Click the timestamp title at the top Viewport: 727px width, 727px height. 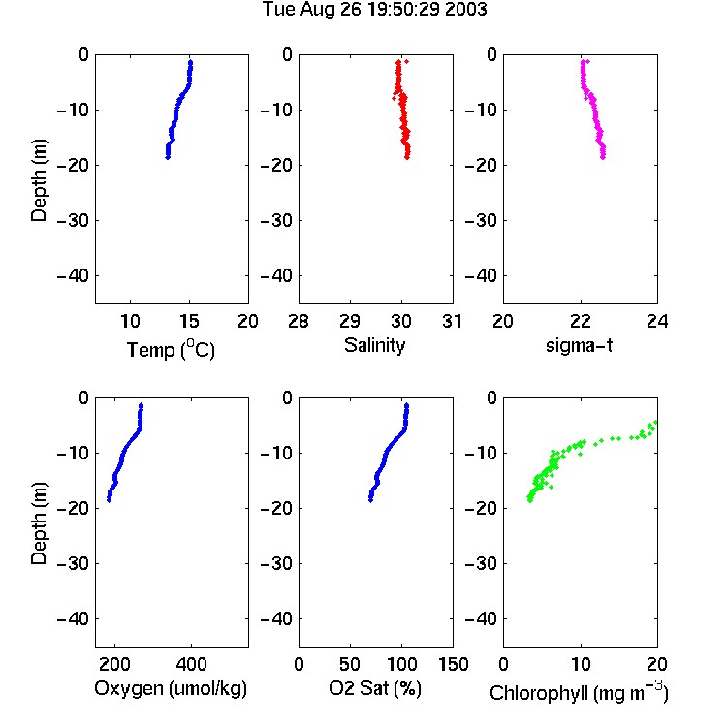click(374, 10)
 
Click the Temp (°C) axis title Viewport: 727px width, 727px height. click(171, 349)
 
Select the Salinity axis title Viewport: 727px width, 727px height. click(374, 345)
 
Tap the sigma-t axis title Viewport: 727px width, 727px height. click(579, 345)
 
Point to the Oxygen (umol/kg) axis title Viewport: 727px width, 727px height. click(171, 688)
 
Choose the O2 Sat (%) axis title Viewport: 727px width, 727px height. click(375, 688)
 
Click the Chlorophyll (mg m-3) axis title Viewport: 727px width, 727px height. click(579, 692)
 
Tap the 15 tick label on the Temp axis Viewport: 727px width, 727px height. click(189, 321)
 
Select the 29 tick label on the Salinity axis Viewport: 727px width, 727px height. click(350, 321)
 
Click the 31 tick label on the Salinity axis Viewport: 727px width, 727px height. click(452, 321)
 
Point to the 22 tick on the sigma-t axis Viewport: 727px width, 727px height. click(581, 321)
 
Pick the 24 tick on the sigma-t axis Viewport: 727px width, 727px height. click(657, 321)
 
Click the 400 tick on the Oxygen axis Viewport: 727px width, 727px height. click(192, 664)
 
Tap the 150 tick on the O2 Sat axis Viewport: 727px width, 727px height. click(454, 664)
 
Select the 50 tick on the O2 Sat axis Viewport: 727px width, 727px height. click(350, 664)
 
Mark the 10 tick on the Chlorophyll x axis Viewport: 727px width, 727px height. click(581, 664)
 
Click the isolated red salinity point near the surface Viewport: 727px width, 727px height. click(406, 61)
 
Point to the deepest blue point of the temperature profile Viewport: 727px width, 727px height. click(168, 157)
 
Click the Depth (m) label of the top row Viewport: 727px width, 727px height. click(39, 180)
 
